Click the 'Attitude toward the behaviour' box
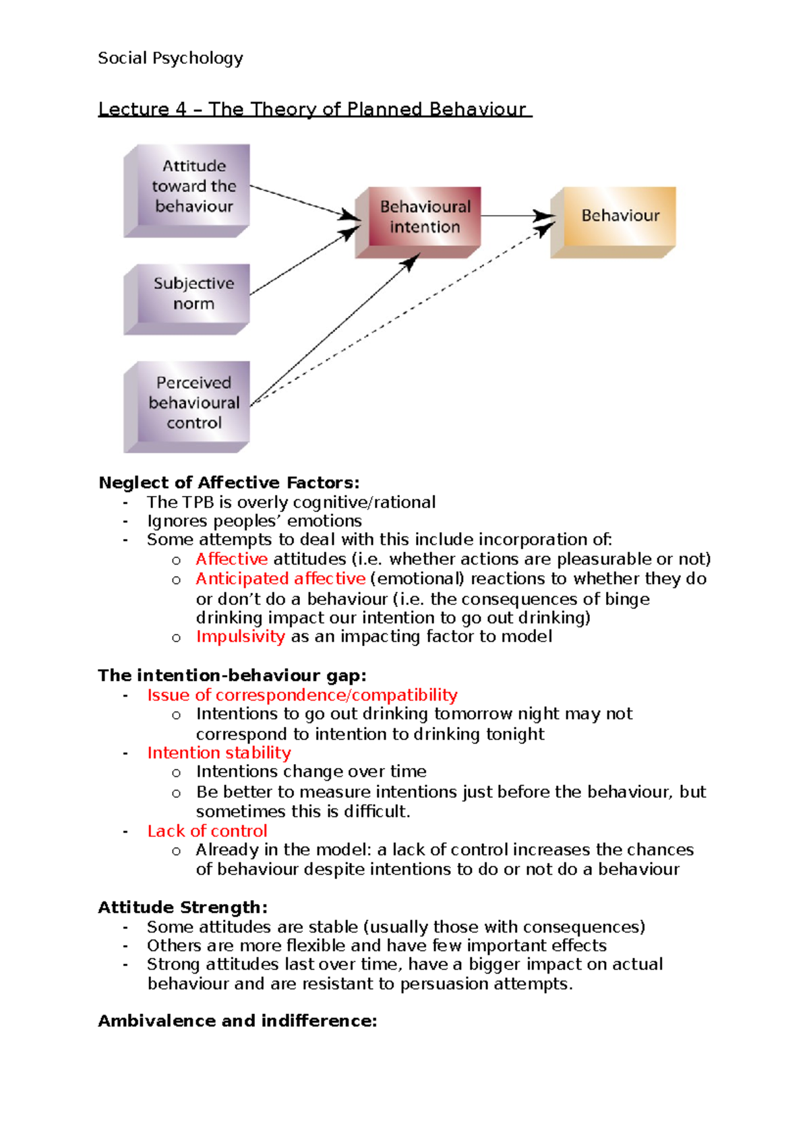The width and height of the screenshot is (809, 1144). click(187, 188)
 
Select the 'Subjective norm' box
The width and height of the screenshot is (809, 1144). click(187, 296)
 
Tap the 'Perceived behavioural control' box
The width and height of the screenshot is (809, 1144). click(187, 404)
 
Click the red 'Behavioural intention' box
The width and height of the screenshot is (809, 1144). click(419, 220)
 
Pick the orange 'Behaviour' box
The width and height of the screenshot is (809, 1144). click(614, 220)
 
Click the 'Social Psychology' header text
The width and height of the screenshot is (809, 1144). click(170, 58)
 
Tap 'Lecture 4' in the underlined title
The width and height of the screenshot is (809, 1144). click(142, 109)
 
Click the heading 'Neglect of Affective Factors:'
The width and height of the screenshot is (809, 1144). click(229, 482)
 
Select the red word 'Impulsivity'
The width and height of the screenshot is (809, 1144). click(240, 637)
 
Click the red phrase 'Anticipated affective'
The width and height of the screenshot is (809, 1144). click(280, 579)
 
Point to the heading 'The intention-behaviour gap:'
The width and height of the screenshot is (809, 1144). click(232, 675)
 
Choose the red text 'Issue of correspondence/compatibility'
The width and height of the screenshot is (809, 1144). click(302, 695)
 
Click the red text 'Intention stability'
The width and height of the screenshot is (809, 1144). click(219, 753)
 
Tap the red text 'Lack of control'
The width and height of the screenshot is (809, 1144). click(207, 831)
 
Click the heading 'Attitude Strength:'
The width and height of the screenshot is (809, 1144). click(183, 907)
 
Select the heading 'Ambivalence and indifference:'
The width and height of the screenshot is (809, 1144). click(237, 1021)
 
